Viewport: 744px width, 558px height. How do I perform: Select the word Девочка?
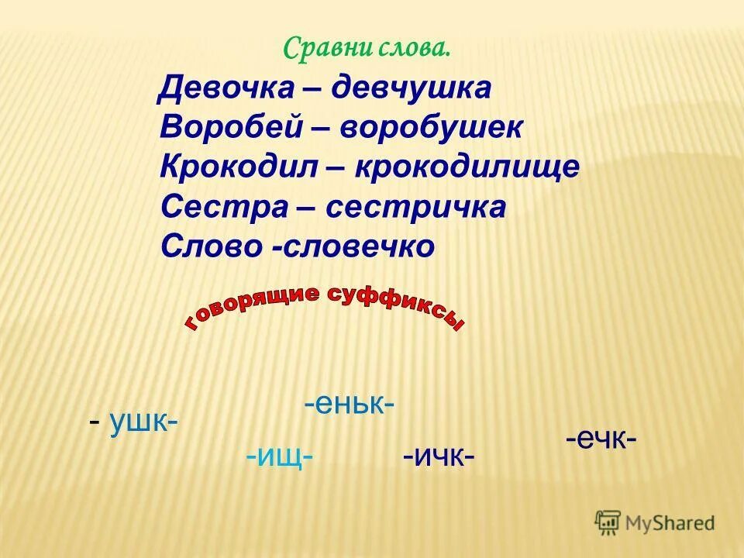(x=226, y=88)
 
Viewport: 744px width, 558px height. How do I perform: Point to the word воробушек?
(x=431, y=128)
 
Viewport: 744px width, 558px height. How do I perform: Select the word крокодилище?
(x=467, y=168)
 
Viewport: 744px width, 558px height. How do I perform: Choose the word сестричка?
(x=415, y=208)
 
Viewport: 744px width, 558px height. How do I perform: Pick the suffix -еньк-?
(x=350, y=404)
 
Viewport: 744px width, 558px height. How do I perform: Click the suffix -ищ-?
(x=279, y=456)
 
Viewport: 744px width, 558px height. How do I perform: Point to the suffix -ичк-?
(x=439, y=456)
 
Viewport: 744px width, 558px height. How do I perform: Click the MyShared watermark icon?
(x=608, y=522)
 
